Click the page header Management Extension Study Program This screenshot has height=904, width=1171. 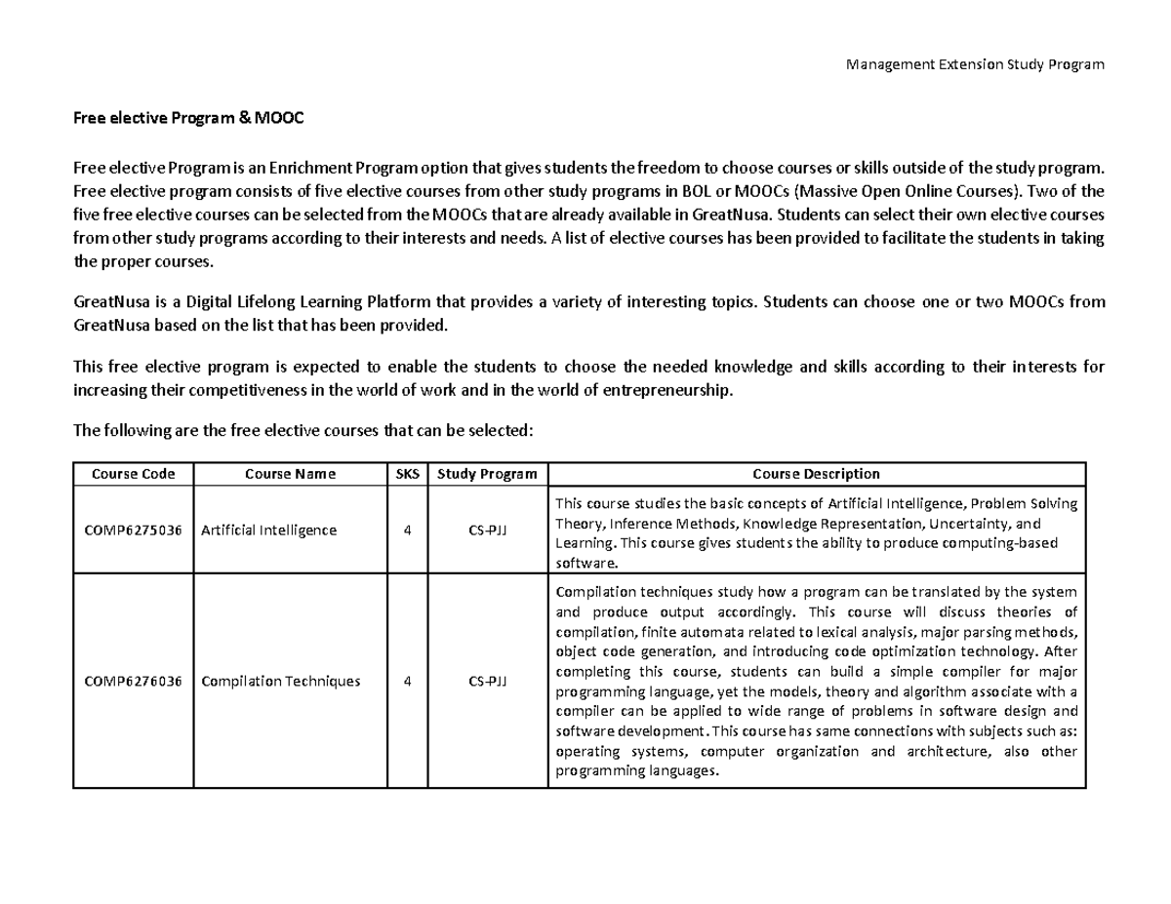tap(975, 64)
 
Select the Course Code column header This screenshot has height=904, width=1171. tap(134, 474)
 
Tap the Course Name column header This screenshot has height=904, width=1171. tap(290, 474)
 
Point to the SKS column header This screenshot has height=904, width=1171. tap(406, 474)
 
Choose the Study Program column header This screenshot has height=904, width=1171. tap(487, 474)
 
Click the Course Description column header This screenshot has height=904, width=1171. tap(816, 474)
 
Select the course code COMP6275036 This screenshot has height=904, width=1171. tap(134, 531)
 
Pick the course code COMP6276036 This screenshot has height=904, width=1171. tap(134, 681)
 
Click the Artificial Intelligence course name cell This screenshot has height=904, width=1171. tap(268, 531)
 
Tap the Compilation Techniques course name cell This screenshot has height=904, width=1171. tap(280, 681)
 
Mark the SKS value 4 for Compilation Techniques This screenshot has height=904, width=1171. tap(406, 681)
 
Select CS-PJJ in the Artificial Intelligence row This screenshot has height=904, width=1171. tap(487, 531)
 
